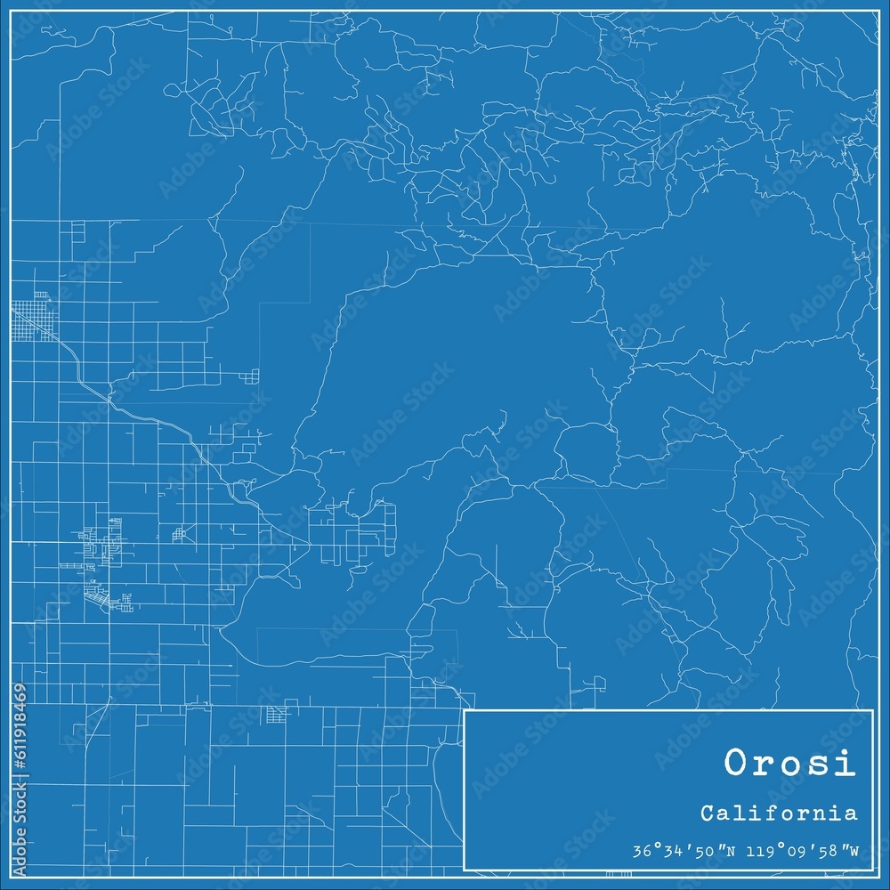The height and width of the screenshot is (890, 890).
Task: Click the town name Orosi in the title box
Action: (789, 764)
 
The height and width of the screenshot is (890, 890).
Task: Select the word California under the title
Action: (779, 813)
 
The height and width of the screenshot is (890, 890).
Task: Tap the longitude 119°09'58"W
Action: (798, 849)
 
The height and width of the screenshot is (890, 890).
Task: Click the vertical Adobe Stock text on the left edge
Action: (20, 837)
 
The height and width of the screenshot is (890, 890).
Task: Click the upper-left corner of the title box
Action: (465, 711)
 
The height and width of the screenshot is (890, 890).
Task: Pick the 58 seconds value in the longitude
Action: (832, 849)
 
